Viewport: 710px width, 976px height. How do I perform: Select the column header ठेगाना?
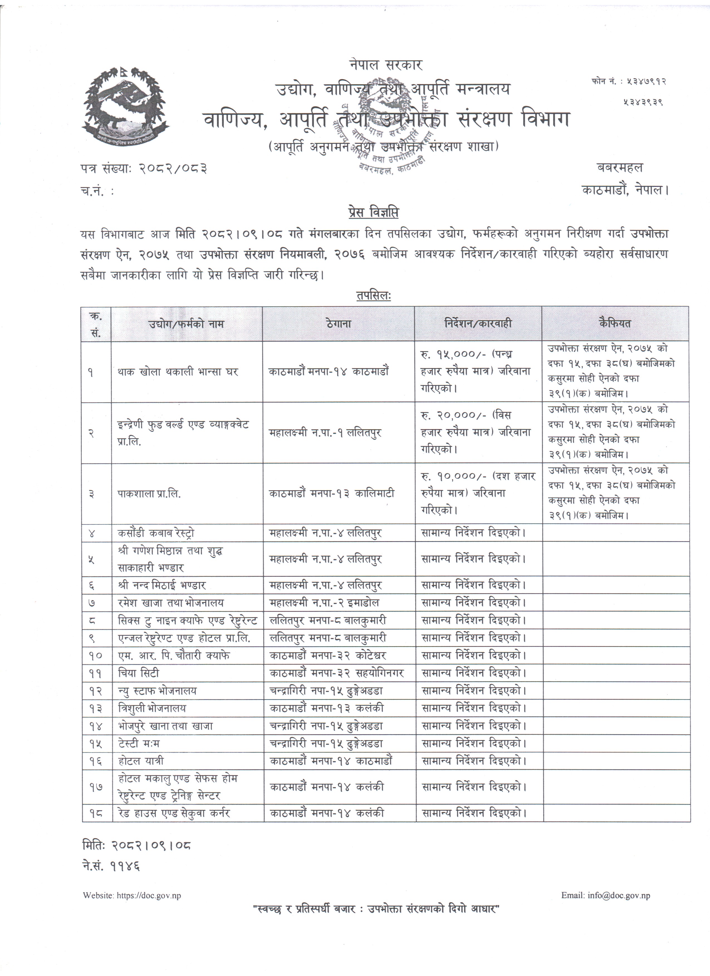point(338,324)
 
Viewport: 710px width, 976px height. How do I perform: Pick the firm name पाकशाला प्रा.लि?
point(150,494)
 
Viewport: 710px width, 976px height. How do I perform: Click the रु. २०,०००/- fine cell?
point(477,432)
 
